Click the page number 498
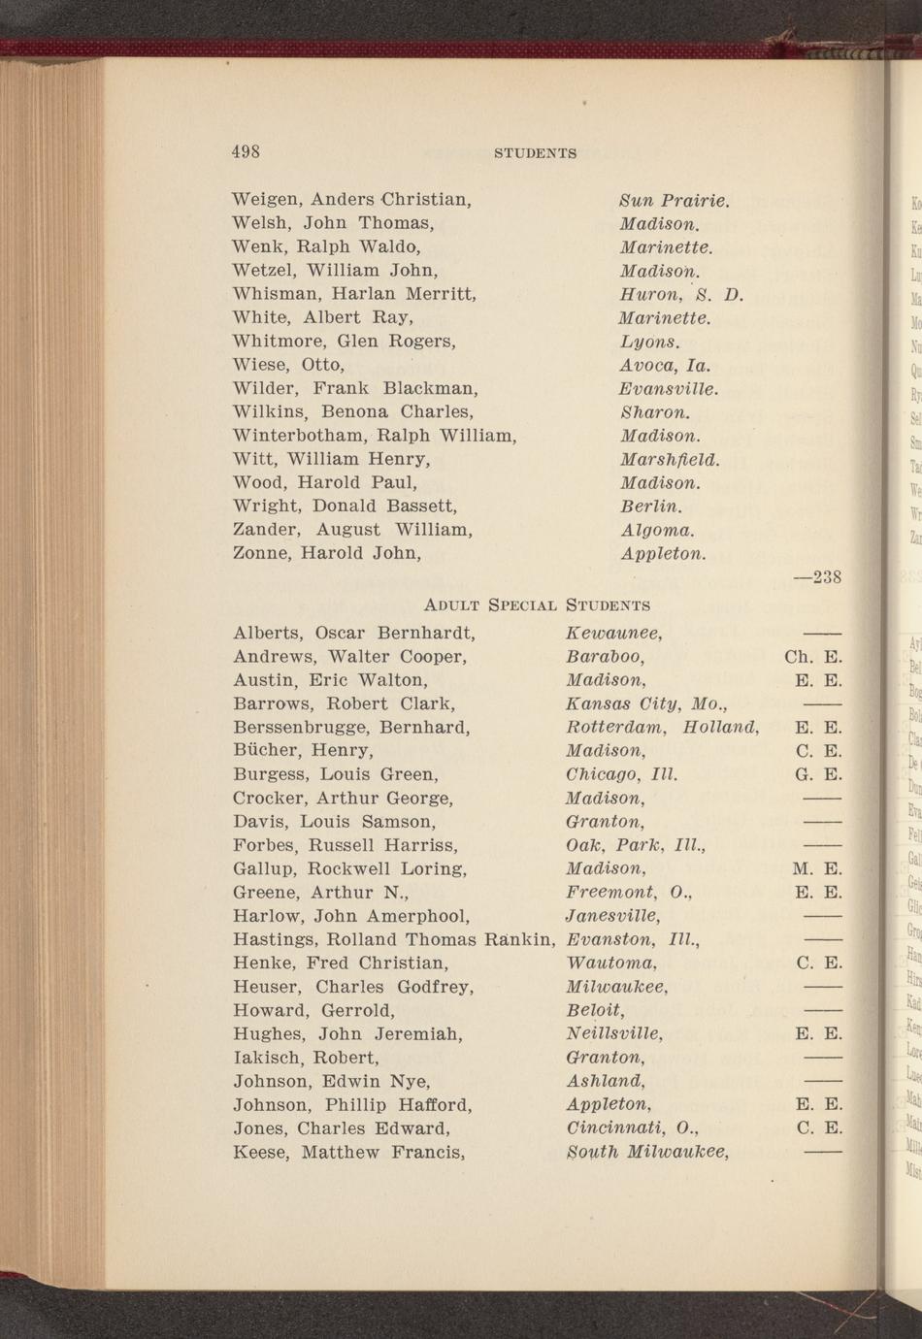(x=246, y=151)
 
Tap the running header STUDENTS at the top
(x=536, y=153)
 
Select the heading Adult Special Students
(x=538, y=605)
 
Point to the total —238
(x=817, y=577)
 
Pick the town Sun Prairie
(x=674, y=201)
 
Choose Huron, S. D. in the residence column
(x=681, y=294)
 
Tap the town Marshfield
(x=670, y=459)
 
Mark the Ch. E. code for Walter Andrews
(x=812, y=657)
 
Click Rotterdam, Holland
(x=661, y=727)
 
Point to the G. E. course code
(x=817, y=774)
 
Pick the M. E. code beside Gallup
(x=817, y=868)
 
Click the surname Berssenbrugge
(x=301, y=727)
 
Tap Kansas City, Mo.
(x=646, y=703)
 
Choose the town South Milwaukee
(x=647, y=1152)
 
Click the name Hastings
(x=274, y=939)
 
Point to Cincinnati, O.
(x=632, y=1128)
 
